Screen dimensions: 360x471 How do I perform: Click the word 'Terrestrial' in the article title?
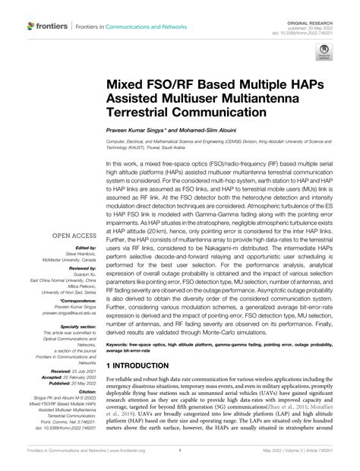click(x=146, y=111)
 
